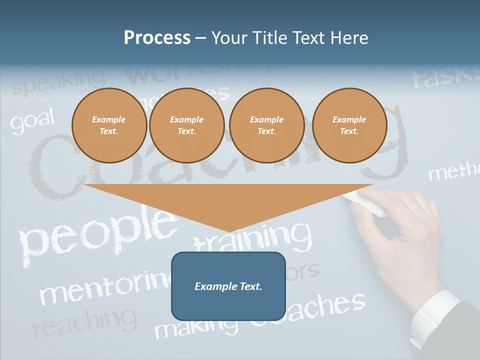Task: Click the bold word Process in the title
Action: pyautogui.click(x=157, y=38)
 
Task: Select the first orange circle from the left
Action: pyautogui.click(x=109, y=125)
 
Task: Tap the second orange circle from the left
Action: pyautogui.click(x=186, y=125)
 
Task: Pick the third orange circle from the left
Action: pyautogui.click(x=266, y=125)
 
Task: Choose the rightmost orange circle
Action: pyautogui.click(x=349, y=125)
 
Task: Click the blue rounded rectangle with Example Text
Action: pyautogui.click(x=228, y=286)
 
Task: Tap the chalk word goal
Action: pyautogui.click(x=32, y=121)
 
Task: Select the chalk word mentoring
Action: pyautogui.click(x=105, y=287)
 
